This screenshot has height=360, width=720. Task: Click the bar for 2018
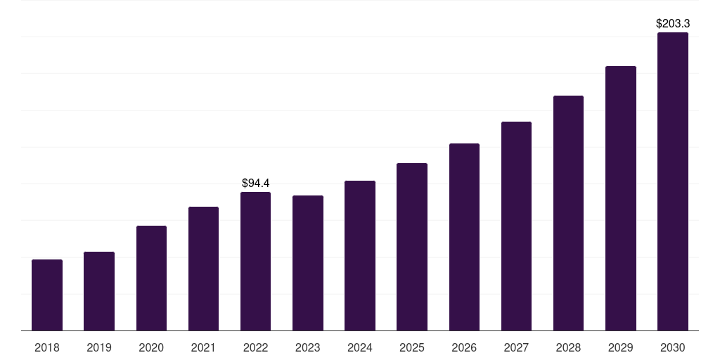pyautogui.click(x=47, y=295)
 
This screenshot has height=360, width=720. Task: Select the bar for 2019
pyautogui.click(x=99, y=291)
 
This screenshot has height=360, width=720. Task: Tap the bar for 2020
pyautogui.click(x=152, y=278)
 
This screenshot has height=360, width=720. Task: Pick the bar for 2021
pyautogui.click(x=203, y=269)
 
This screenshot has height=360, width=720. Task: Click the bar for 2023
pyautogui.click(x=308, y=263)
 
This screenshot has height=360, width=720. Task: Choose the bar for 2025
pyautogui.click(x=412, y=247)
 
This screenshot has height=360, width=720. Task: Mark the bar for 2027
pyautogui.click(x=516, y=226)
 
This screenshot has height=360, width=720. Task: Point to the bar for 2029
pyautogui.click(x=621, y=198)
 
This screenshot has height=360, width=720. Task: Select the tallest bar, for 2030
pyautogui.click(x=673, y=181)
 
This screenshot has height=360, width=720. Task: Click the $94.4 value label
pyautogui.click(x=256, y=184)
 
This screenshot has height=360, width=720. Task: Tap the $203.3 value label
pyautogui.click(x=673, y=23)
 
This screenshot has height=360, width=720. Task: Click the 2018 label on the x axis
pyautogui.click(x=47, y=347)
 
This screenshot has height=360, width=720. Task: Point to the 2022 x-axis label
pyautogui.click(x=255, y=347)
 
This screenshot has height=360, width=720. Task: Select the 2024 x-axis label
pyautogui.click(x=360, y=347)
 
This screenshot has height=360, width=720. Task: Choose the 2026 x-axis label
pyautogui.click(x=464, y=347)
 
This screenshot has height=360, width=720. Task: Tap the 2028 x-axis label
pyautogui.click(x=568, y=347)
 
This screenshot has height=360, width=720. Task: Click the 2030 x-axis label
pyautogui.click(x=673, y=347)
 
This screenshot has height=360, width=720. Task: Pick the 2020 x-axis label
pyautogui.click(x=151, y=347)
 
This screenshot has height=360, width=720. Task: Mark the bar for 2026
pyautogui.click(x=464, y=237)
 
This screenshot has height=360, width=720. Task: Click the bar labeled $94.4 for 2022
pyautogui.click(x=255, y=262)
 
